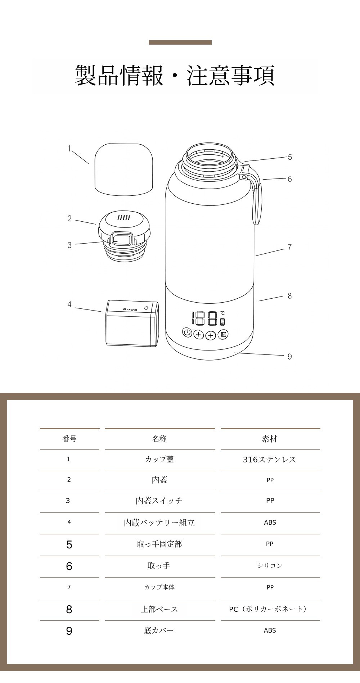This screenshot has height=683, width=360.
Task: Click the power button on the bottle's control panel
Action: [x=187, y=333]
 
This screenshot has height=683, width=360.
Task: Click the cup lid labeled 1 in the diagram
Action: [x=124, y=169]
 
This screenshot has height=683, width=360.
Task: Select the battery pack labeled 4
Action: [x=132, y=323]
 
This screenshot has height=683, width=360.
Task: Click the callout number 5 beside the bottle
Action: [x=290, y=157]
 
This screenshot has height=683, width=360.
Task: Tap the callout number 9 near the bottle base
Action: [x=289, y=357]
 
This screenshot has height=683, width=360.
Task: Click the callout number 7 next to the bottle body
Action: [x=289, y=247]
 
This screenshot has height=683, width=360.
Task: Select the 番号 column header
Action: [x=69, y=439]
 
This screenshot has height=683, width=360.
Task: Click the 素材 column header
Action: [x=270, y=439]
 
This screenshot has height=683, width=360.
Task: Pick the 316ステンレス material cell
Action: [x=269, y=460]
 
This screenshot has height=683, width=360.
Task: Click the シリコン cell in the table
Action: [x=270, y=566]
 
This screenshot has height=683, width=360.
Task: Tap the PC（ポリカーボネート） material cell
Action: [x=269, y=609]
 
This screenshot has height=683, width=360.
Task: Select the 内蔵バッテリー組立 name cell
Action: [x=159, y=523]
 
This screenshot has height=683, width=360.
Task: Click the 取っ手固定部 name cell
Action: [x=159, y=544]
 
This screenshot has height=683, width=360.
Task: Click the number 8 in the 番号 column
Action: [x=69, y=609]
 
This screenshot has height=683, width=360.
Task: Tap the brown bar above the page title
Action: [x=180, y=42]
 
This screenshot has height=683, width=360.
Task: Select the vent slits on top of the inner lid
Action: [x=123, y=217]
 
